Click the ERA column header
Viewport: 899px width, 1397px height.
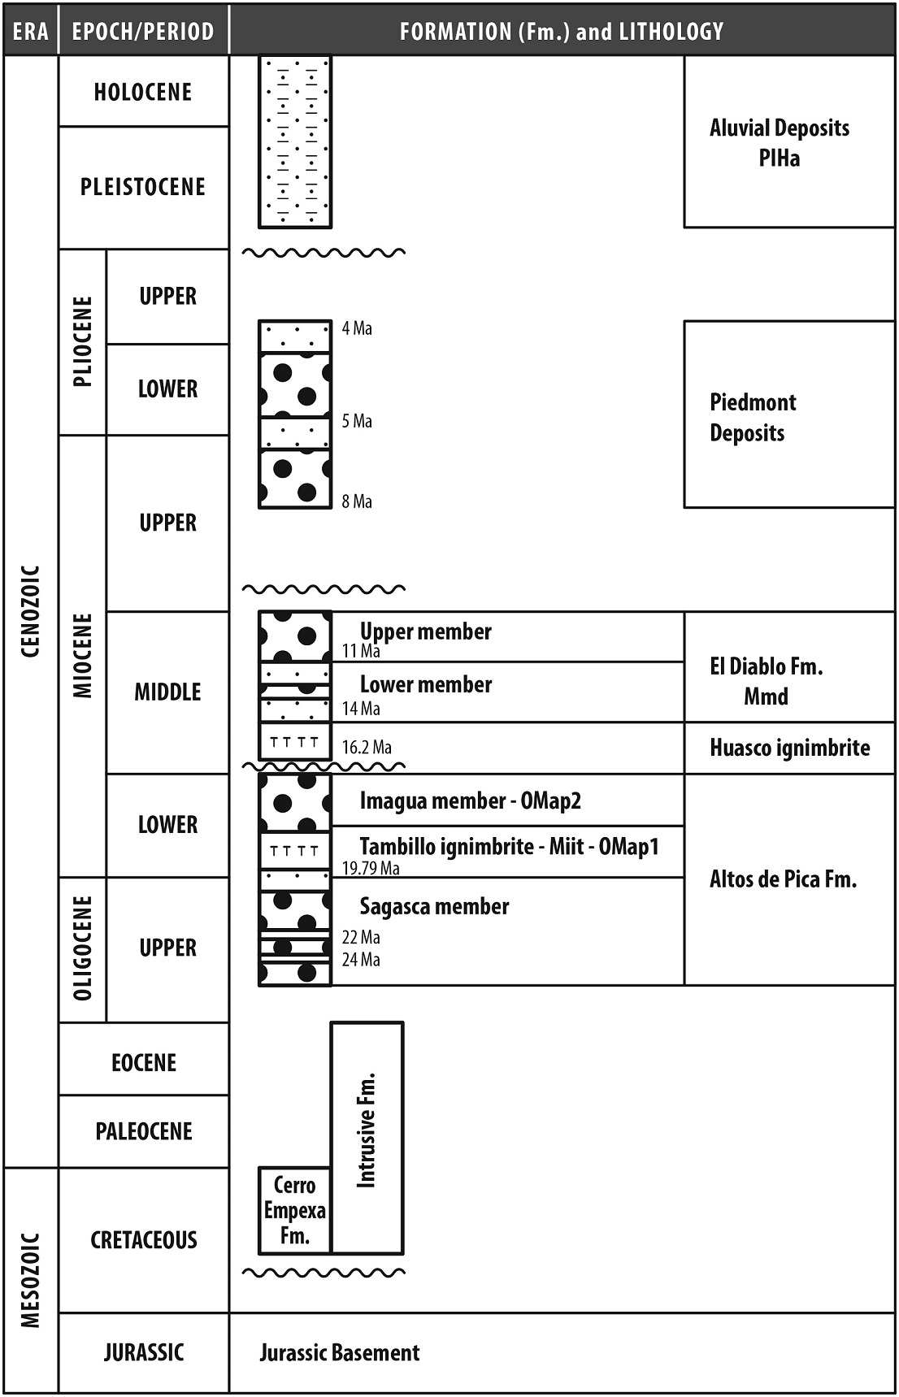(31, 31)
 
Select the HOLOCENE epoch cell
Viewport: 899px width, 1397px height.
(143, 92)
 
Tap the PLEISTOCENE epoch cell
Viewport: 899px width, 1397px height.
(143, 187)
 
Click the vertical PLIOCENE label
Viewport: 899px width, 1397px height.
(83, 341)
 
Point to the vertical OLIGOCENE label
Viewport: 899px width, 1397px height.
(83, 948)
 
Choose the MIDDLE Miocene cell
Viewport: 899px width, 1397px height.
(167, 692)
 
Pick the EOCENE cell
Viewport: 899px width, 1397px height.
(144, 1062)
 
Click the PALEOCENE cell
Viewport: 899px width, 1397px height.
(144, 1131)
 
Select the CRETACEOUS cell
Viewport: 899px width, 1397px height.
(144, 1240)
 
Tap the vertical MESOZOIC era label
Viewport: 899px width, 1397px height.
(31, 1280)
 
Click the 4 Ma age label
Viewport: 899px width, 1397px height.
(357, 328)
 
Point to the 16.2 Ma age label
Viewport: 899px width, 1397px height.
(367, 748)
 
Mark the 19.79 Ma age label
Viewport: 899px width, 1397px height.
(371, 869)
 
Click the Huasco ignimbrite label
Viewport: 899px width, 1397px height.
(789, 748)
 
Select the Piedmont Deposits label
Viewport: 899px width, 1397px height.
(752, 418)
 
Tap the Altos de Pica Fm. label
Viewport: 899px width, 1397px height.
(783, 879)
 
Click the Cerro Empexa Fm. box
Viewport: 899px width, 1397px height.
(294, 1211)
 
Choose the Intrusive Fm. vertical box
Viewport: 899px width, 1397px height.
(367, 1138)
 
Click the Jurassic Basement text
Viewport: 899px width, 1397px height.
(340, 1352)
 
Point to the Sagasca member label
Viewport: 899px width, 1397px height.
(434, 906)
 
